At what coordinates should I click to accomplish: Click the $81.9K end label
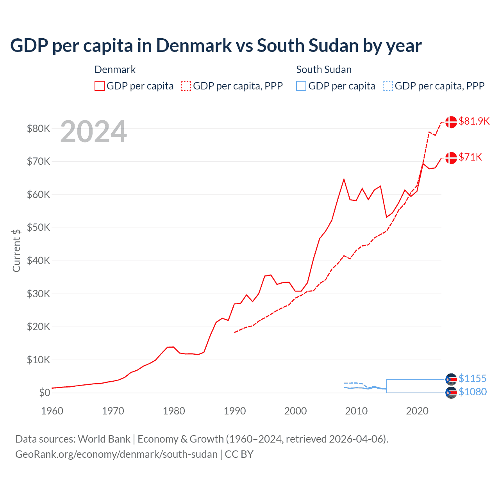point(474,121)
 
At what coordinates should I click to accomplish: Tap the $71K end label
point(470,157)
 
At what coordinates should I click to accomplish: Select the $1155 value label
point(473,379)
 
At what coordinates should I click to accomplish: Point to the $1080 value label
point(473,392)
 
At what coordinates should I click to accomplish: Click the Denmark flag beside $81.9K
point(451,122)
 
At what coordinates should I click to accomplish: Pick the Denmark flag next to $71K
point(451,158)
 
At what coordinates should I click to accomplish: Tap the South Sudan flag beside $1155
point(451,379)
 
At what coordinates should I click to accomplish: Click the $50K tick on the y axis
point(38,227)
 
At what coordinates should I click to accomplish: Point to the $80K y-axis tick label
point(38,129)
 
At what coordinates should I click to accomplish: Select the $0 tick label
point(45,393)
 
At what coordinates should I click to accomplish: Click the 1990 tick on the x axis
point(235,411)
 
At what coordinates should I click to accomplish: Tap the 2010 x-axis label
point(356,411)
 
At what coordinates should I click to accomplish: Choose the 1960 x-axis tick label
point(52,411)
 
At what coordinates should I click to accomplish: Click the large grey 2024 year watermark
point(94,132)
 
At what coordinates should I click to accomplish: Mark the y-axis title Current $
point(16,250)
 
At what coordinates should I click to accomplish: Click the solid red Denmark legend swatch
point(100,86)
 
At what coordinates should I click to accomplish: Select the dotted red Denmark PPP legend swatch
point(186,86)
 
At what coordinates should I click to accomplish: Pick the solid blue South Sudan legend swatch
point(301,86)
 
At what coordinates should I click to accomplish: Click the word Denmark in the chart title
point(194,46)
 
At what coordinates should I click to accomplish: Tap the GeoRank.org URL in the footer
point(116,454)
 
